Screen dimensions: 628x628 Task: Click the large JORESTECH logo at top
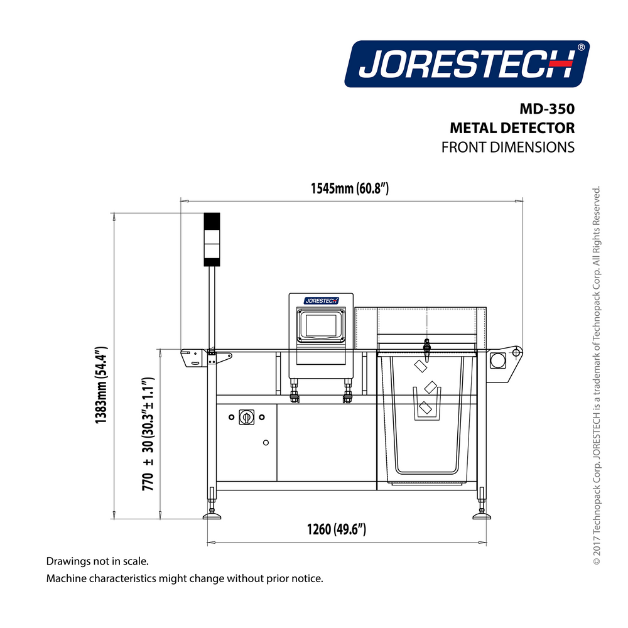467,63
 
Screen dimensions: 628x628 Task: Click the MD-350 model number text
547,109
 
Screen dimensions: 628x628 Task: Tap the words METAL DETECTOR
512,128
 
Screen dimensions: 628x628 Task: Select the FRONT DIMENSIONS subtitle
508,148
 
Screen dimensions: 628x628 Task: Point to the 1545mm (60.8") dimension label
350,188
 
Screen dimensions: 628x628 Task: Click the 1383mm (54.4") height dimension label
101,385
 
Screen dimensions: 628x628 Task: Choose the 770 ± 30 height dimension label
148,434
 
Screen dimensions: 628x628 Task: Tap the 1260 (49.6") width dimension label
337,529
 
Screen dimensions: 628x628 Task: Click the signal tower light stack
212,239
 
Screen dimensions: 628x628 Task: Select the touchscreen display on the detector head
321,325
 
